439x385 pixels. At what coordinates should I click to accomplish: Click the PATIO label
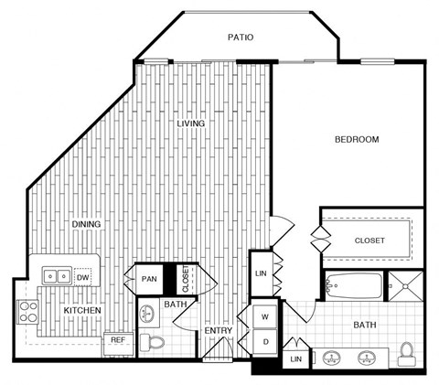(241, 37)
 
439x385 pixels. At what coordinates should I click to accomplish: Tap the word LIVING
(191, 123)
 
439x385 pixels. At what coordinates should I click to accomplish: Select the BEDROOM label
(356, 139)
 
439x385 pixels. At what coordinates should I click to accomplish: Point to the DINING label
(86, 224)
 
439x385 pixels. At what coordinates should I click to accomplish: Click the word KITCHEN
(81, 311)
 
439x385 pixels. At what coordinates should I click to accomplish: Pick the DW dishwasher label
(82, 275)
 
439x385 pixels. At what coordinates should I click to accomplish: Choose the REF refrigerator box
(118, 340)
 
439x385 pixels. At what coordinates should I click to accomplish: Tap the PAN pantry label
(149, 279)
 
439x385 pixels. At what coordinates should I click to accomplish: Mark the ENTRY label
(218, 331)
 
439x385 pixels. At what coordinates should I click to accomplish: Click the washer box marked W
(265, 317)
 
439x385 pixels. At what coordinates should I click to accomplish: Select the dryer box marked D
(265, 342)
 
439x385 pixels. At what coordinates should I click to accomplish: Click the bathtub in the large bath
(353, 285)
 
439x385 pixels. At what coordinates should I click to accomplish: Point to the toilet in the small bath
(155, 343)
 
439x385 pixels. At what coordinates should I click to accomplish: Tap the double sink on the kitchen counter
(56, 275)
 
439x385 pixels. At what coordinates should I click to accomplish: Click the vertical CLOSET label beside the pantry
(186, 278)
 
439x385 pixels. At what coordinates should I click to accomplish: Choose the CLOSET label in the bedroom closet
(369, 241)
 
